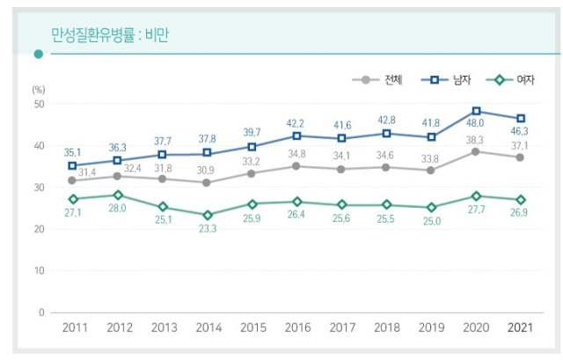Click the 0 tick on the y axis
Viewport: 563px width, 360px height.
[x=41, y=312]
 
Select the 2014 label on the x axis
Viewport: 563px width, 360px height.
[x=209, y=328]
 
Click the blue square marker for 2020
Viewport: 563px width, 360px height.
[x=476, y=112]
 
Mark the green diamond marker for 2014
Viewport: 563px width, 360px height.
[x=208, y=215]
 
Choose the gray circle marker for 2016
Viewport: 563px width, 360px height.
[x=297, y=166]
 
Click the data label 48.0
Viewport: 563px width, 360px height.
[x=476, y=126]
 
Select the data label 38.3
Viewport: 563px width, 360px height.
[x=476, y=140]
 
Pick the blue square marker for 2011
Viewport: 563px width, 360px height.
[x=73, y=165]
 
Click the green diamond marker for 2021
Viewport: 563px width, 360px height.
[x=520, y=200]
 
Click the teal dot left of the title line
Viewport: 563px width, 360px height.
[x=38, y=54]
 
